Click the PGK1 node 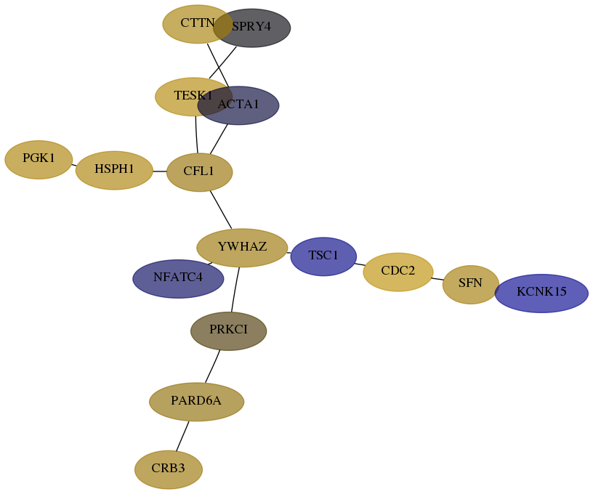(39, 160)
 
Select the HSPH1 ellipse (114, 171)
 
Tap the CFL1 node (199, 172)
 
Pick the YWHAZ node (242, 248)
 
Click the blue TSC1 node (323, 256)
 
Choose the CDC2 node (398, 272)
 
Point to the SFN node (470, 285)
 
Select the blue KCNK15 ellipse (541, 293)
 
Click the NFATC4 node (178, 278)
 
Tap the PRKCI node (228, 331)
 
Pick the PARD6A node (197, 402)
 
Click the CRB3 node (169, 469)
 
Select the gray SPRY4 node (252, 28)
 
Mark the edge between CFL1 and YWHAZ (221, 210)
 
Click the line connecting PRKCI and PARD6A (212, 366)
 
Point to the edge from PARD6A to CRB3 (182, 436)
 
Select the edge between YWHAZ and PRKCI (235, 290)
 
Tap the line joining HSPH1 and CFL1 (160, 171)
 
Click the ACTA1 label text (238, 105)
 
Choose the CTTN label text (198, 23)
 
